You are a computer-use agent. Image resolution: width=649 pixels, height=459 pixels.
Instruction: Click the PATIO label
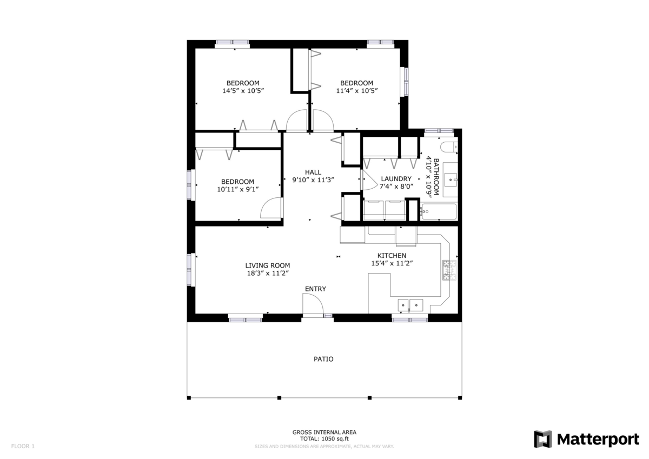[323, 359]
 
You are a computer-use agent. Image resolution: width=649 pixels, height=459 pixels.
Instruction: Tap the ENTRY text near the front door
[315, 289]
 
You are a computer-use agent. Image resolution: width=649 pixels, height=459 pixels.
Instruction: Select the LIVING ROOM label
[268, 265]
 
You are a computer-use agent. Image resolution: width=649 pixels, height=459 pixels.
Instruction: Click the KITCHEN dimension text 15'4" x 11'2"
[392, 263]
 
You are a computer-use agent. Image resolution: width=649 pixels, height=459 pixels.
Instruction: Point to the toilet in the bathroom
[448, 147]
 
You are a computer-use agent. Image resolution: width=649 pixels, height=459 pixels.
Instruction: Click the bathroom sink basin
[450, 178]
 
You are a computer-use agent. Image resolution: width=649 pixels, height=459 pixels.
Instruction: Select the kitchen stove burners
[449, 271]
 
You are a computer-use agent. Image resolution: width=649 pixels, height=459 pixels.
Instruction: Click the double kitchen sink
[410, 305]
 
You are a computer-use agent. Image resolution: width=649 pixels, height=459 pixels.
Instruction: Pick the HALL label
[313, 172]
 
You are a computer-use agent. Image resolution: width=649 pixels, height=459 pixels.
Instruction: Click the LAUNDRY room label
[396, 179]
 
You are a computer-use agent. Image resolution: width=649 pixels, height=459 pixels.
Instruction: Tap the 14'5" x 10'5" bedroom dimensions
[243, 91]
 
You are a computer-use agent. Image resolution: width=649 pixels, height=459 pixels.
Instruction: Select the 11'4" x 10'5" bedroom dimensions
[356, 91]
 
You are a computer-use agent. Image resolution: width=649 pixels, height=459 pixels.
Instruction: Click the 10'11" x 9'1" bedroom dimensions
[238, 189]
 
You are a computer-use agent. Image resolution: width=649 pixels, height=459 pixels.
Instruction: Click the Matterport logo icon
[542, 439]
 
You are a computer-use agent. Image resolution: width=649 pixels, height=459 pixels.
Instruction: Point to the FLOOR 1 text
[23, 447]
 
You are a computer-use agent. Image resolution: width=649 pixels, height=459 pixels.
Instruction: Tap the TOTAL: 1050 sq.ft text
[324, 440]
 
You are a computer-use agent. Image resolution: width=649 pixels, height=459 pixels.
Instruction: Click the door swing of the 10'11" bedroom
[271, 208]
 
